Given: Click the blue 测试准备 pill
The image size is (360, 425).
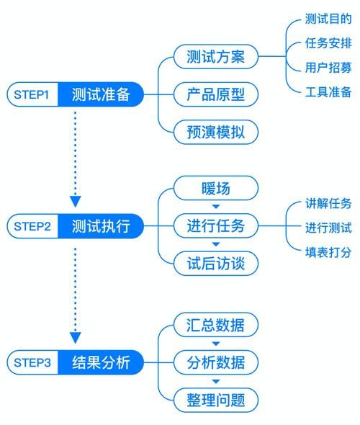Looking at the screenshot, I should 101,94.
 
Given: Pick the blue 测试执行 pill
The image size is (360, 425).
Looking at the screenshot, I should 101,226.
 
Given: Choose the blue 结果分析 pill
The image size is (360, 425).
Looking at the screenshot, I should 101,362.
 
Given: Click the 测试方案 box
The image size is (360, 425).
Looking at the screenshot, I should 215,57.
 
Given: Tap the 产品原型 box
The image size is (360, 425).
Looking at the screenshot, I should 215,94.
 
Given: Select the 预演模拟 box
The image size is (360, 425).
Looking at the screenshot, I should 215,133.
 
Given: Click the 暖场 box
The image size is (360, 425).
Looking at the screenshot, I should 215,189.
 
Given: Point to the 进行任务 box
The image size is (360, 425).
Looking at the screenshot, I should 215,226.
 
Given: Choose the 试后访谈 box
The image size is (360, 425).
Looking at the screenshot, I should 215,264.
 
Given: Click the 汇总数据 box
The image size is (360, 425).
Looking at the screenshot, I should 215,325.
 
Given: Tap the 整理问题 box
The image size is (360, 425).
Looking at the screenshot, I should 215,400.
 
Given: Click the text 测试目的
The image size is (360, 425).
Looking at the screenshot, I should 328,19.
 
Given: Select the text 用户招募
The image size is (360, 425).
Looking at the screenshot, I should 328,68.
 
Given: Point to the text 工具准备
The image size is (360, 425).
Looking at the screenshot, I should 328,92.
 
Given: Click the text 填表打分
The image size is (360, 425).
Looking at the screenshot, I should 328,252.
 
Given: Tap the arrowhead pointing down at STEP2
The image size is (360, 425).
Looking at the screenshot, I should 76,201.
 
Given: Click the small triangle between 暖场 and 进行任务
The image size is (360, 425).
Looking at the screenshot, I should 215,207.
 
